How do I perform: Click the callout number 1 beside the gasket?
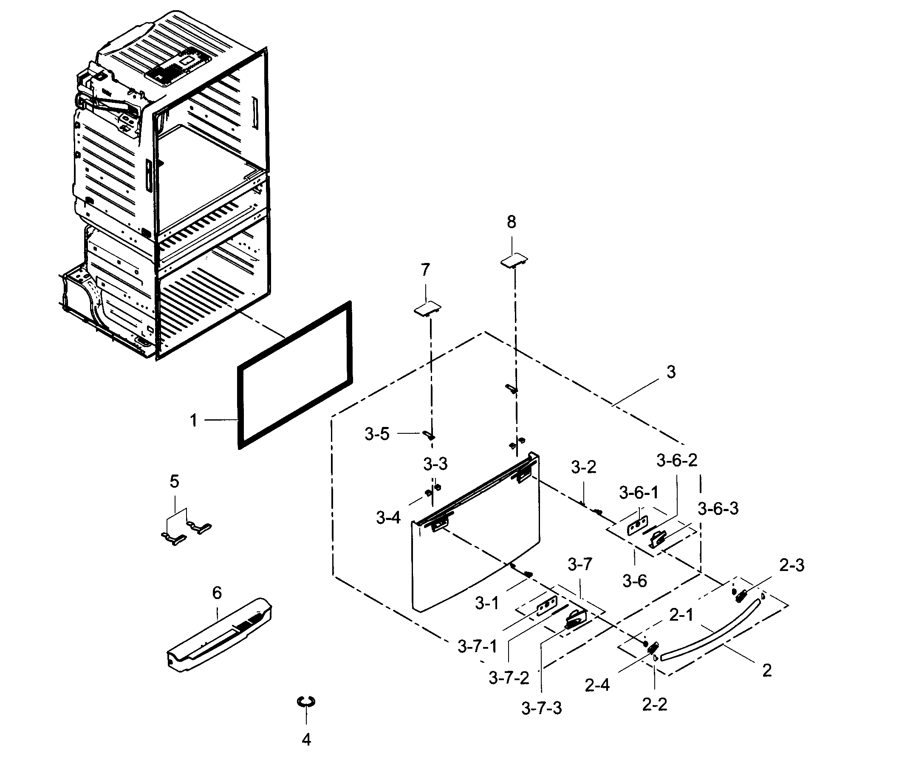click(193, 420)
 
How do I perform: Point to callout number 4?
click(306, 740)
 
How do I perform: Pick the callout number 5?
click(174, 481)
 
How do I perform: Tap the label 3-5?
click(377, 434)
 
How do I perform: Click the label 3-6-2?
click(677, 461)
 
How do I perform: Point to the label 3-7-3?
click(541, 709)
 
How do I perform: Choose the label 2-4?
click(597, 685)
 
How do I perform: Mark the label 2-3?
click(792, 565)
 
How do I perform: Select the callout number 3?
click(670, 372)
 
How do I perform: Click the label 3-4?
click(388, 518)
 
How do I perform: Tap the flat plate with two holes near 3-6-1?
click(637, 526)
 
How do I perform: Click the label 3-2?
click(583, 467)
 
